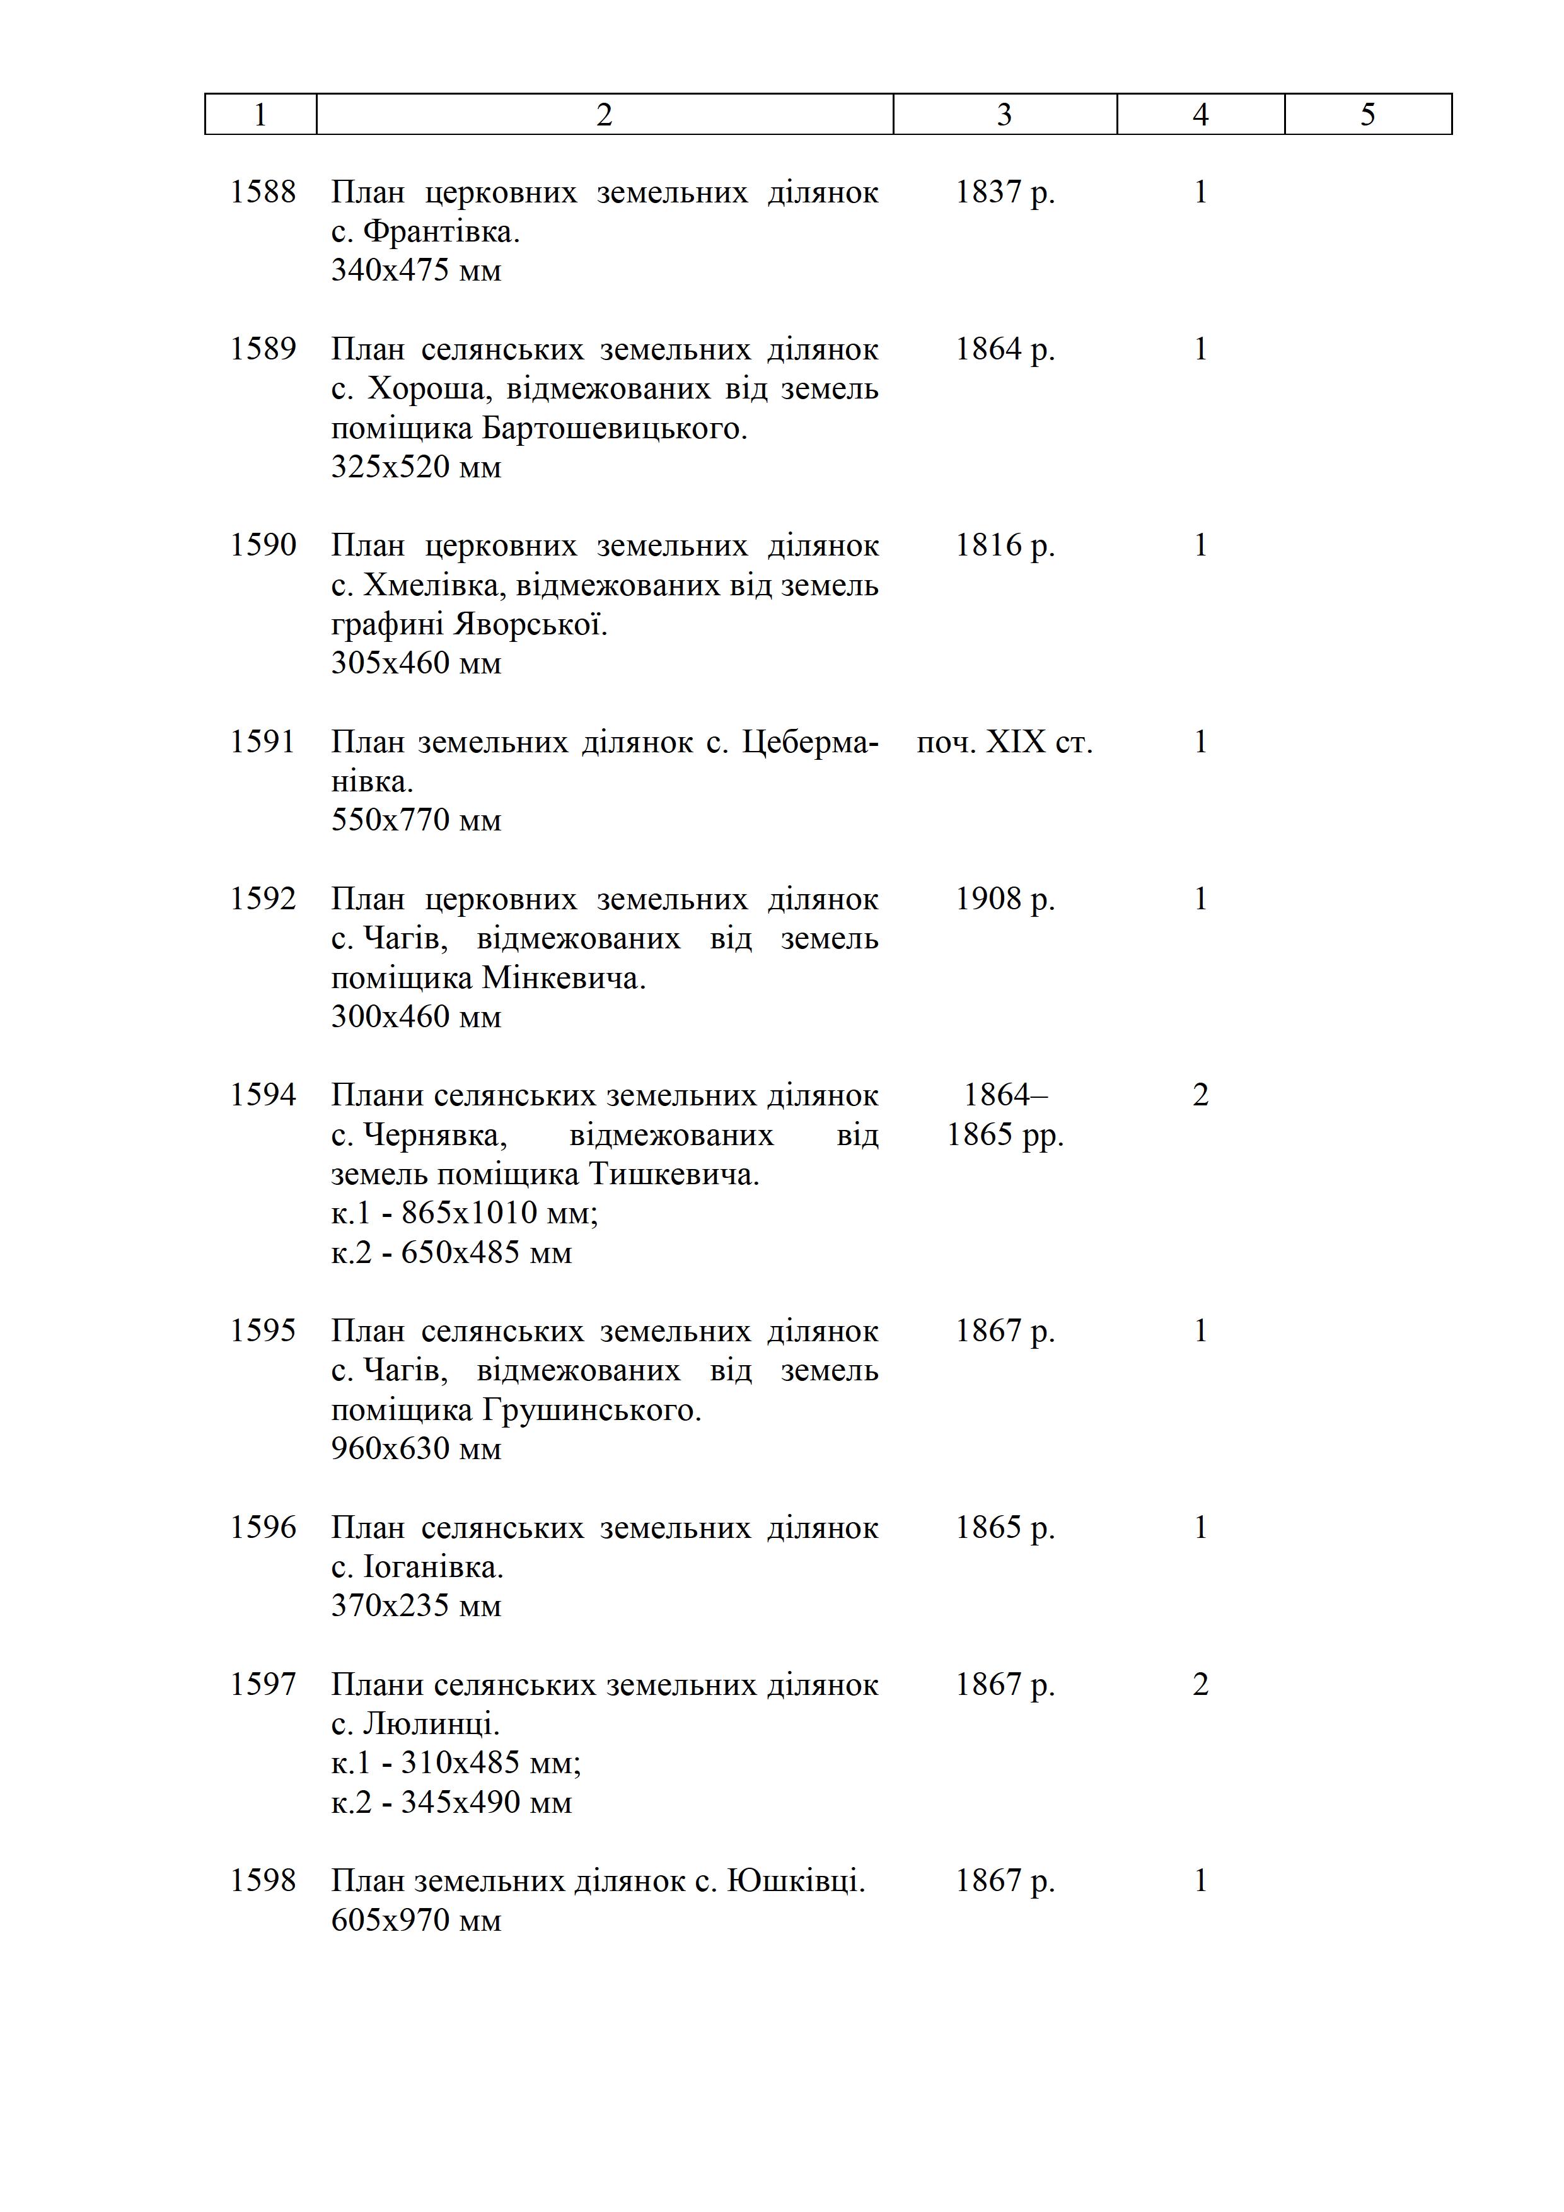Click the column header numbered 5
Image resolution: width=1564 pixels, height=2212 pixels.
point(1367,115)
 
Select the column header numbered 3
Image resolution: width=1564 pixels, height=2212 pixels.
point(1004,115)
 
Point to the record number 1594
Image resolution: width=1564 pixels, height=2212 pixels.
point(262,1095)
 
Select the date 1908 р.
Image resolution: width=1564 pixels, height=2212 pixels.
point(1004,899)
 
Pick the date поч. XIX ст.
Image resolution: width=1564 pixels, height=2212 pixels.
point(1004,742)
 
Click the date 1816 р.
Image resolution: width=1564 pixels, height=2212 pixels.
point(1004,545)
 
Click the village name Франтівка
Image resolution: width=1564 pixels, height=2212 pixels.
point(441,231)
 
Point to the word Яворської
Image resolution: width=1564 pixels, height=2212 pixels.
point(529,624)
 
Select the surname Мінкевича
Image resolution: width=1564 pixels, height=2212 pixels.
point(564,978)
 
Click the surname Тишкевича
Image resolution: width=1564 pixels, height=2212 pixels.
point(673,1174)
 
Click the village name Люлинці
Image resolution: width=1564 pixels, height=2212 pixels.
point(431,1725)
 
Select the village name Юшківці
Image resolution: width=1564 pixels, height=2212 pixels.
point(796,1882)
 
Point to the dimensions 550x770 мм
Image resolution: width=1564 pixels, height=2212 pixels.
point(416,820)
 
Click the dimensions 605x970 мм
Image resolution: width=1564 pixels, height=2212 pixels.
point(416,1920)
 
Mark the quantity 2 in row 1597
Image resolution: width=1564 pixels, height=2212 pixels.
point(1200,1685)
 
